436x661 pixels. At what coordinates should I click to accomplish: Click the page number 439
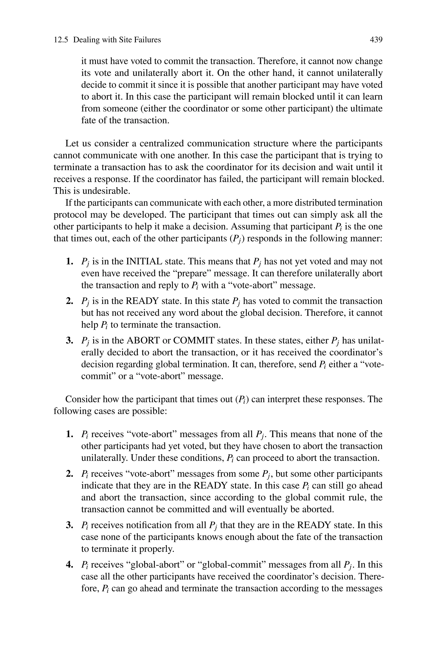coord(376,40)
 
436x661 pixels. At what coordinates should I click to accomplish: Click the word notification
coord(149,525)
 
